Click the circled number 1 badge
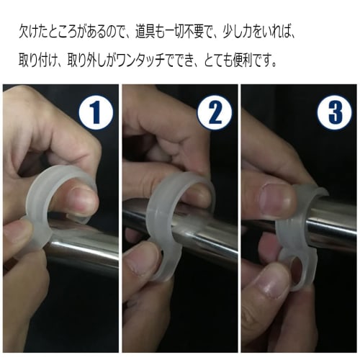(x=96, y=112)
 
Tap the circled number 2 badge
(x=215, y=112)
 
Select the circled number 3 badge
(x=335, y=112)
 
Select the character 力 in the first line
(x=248, y=32)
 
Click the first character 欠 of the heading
(x=24, y=32)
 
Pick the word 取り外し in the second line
(x=86, y=61)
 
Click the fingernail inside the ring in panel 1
(x=81, y=199)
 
